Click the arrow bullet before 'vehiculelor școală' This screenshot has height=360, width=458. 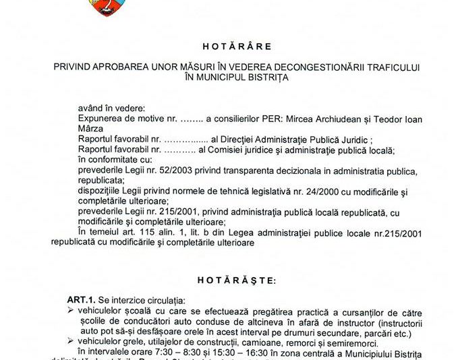click(x=71, y=310)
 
